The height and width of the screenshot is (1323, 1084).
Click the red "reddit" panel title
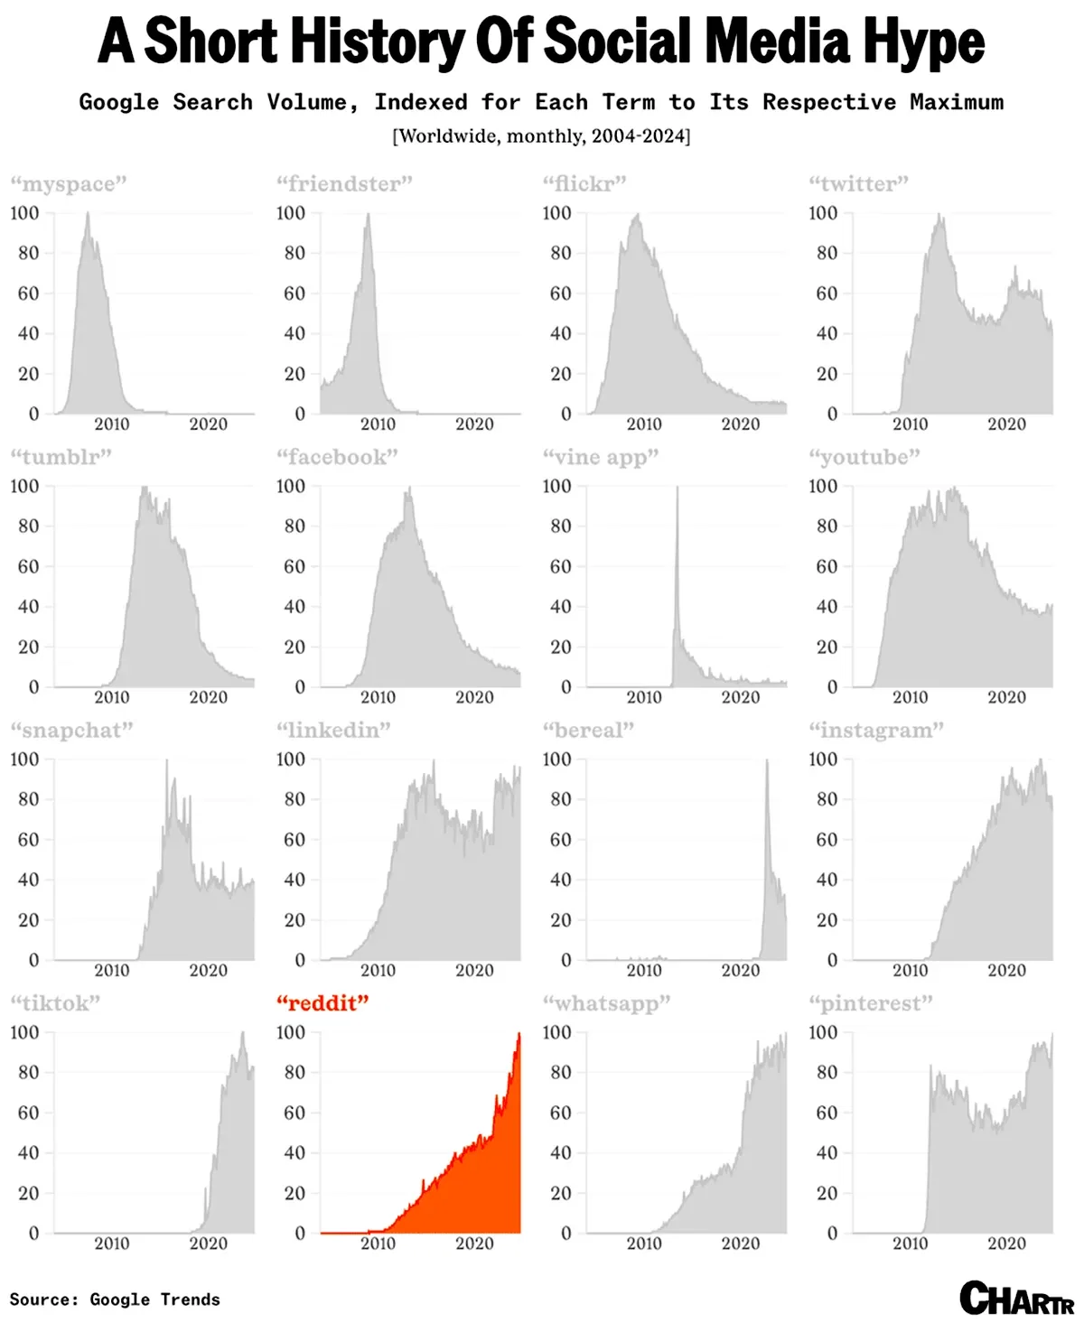click(x=322, y=1003)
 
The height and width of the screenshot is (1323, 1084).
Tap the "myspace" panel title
click(x=69, y=184)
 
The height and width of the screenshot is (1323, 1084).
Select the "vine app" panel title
click(x=601, y=457)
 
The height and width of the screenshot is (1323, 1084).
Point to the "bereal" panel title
click(x=588, y=731)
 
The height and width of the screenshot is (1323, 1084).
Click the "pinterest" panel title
click(x=871, y=1003)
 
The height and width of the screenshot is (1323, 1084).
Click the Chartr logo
click(x=1016, y=1299)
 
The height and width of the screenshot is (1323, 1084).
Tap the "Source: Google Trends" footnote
click(x=115, y=1300)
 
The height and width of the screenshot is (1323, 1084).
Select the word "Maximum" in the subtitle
click(x=957, y=102)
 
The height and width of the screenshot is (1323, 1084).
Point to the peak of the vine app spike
click(x=677, y=489)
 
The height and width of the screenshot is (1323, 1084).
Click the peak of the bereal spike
click(x=767, y=761)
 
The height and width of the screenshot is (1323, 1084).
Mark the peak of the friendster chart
click(x=368, y=215)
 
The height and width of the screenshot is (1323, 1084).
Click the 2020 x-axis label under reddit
click(x=474, y=1244)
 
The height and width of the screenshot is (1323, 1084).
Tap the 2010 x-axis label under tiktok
click(x=112, y=1244)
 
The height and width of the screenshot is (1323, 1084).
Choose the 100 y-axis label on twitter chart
click(x=823, y=213)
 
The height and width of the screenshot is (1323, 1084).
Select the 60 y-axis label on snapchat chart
click(x=29, y=840)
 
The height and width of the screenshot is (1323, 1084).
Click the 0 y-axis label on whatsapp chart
click(x=566, y=1234)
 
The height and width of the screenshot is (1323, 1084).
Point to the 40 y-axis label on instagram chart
click(x=827, y=880)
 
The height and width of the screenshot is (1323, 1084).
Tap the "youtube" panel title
click(x=864, y=457)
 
